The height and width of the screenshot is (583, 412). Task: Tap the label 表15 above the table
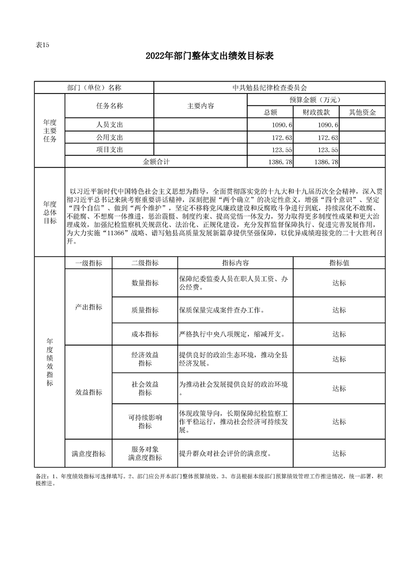point(42,45)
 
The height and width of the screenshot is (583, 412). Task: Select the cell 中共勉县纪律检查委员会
point(270,88)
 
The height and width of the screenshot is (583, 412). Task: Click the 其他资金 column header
point(362,112)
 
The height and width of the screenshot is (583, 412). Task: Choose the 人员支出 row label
point(109,125)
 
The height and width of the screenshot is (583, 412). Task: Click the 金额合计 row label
point(156,162)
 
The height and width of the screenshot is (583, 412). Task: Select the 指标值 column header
point(339,263)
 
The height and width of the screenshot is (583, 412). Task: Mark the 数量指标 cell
point(145,283)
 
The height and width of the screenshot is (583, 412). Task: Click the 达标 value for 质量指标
point(339,310)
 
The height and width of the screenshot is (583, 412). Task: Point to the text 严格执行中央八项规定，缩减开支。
point(232,334)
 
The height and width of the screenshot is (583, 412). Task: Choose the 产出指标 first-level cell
point(88,307)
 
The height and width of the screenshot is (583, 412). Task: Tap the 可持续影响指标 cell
point(145,421)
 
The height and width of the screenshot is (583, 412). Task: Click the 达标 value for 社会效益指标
point(339,388)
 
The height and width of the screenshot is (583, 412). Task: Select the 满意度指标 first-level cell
point(88,454)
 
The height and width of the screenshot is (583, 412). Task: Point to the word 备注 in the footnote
point(41,476)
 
